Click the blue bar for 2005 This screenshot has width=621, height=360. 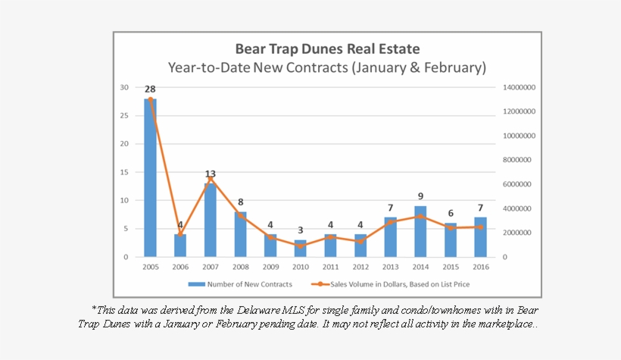pos(150,178)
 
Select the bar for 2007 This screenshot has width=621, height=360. pos(210,220)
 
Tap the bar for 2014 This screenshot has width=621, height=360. pos(420,231)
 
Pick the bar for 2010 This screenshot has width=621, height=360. pos(300,249)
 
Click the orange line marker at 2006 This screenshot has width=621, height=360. pos(180,235)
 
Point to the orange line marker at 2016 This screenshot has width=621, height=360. pos(480,227)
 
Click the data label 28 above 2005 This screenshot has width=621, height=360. pos(150,89)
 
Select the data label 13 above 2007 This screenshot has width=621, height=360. pos(210,174)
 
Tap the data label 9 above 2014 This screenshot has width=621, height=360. pos(420,196)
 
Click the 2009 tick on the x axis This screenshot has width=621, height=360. pos(270,268)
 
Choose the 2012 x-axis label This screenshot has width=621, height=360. pos(360,268)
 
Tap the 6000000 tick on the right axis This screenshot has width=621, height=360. pos(519,184)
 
